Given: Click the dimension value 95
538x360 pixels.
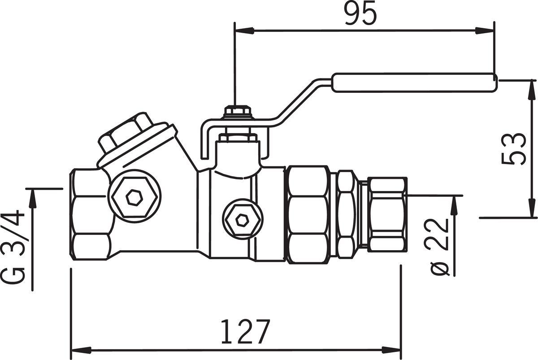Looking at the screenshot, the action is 360,13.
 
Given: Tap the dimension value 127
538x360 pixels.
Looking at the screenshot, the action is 245,332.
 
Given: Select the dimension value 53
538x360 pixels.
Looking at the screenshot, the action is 514,149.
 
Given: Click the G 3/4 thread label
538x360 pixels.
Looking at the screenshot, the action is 13,247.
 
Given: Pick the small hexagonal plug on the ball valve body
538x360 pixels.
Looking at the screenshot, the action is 243,219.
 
